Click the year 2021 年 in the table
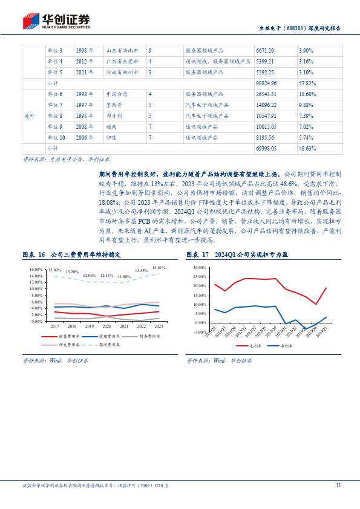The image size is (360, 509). [84, 72]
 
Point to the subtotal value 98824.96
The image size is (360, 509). [266, 83]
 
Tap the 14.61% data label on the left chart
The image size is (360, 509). [159, 267]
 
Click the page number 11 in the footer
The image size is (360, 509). [339, 485]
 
